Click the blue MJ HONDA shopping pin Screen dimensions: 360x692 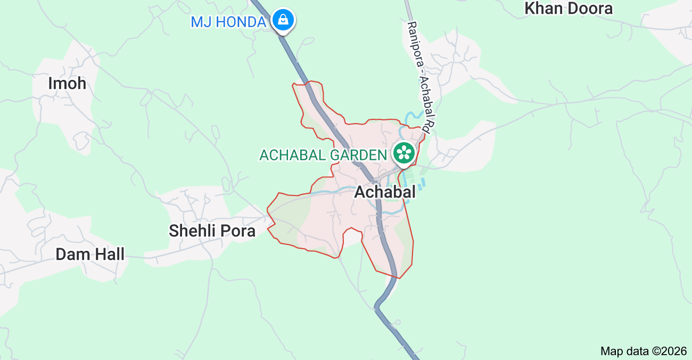(283, 20)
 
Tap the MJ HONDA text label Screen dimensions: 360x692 (228, 22)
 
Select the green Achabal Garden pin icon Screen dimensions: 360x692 (404, 153)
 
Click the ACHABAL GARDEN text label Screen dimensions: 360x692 (323, 155)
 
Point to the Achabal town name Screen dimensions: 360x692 (385, 192)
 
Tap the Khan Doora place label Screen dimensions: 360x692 (569, 9)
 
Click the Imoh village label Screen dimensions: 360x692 (67, 84)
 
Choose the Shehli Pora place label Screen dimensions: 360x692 (212, 231)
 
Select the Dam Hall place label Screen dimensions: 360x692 (90, 254)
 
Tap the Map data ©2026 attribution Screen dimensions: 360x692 (643, 351)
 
